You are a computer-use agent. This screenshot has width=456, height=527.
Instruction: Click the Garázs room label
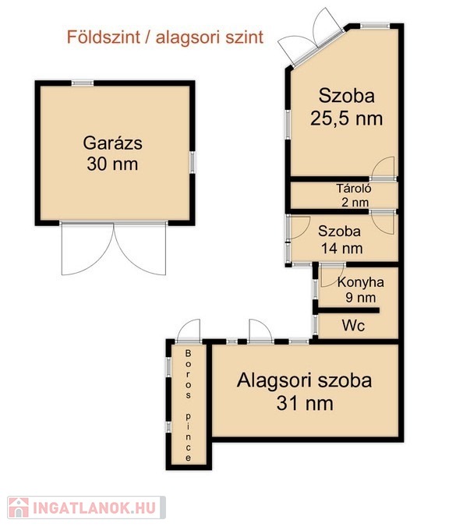(x=112, y=143)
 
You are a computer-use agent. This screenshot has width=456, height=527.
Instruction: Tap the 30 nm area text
(x=112, y=164)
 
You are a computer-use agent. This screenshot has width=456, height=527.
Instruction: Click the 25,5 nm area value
(x=346, y=118)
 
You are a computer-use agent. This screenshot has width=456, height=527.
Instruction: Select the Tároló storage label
(x=354, y=188)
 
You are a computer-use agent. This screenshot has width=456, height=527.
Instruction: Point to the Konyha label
(x=361, y=282)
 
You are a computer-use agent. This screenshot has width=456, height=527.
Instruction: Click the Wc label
(x=354, y=325)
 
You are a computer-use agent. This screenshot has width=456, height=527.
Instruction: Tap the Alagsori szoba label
(x=305, y=380)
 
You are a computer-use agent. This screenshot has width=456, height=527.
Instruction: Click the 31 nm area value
(x=305, y=403)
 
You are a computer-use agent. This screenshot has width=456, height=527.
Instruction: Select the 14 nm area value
(x=342, y=249)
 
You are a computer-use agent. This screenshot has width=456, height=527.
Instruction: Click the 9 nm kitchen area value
(x=361, y=298)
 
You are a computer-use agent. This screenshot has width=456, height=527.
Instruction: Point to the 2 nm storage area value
(x=355, y=203)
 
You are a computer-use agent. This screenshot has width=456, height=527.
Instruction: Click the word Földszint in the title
(x=104, y=37)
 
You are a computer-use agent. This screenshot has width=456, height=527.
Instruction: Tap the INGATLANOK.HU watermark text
(x=94, y=508)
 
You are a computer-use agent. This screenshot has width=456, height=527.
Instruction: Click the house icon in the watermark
(x=19, y=508)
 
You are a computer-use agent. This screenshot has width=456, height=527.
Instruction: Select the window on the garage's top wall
(x=83, y=83)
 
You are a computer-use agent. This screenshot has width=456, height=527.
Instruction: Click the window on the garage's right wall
(x=192, y=163)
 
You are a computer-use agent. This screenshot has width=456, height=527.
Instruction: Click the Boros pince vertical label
(x=188, y=405)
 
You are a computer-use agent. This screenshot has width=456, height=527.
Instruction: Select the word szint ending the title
(x=244, y=37)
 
